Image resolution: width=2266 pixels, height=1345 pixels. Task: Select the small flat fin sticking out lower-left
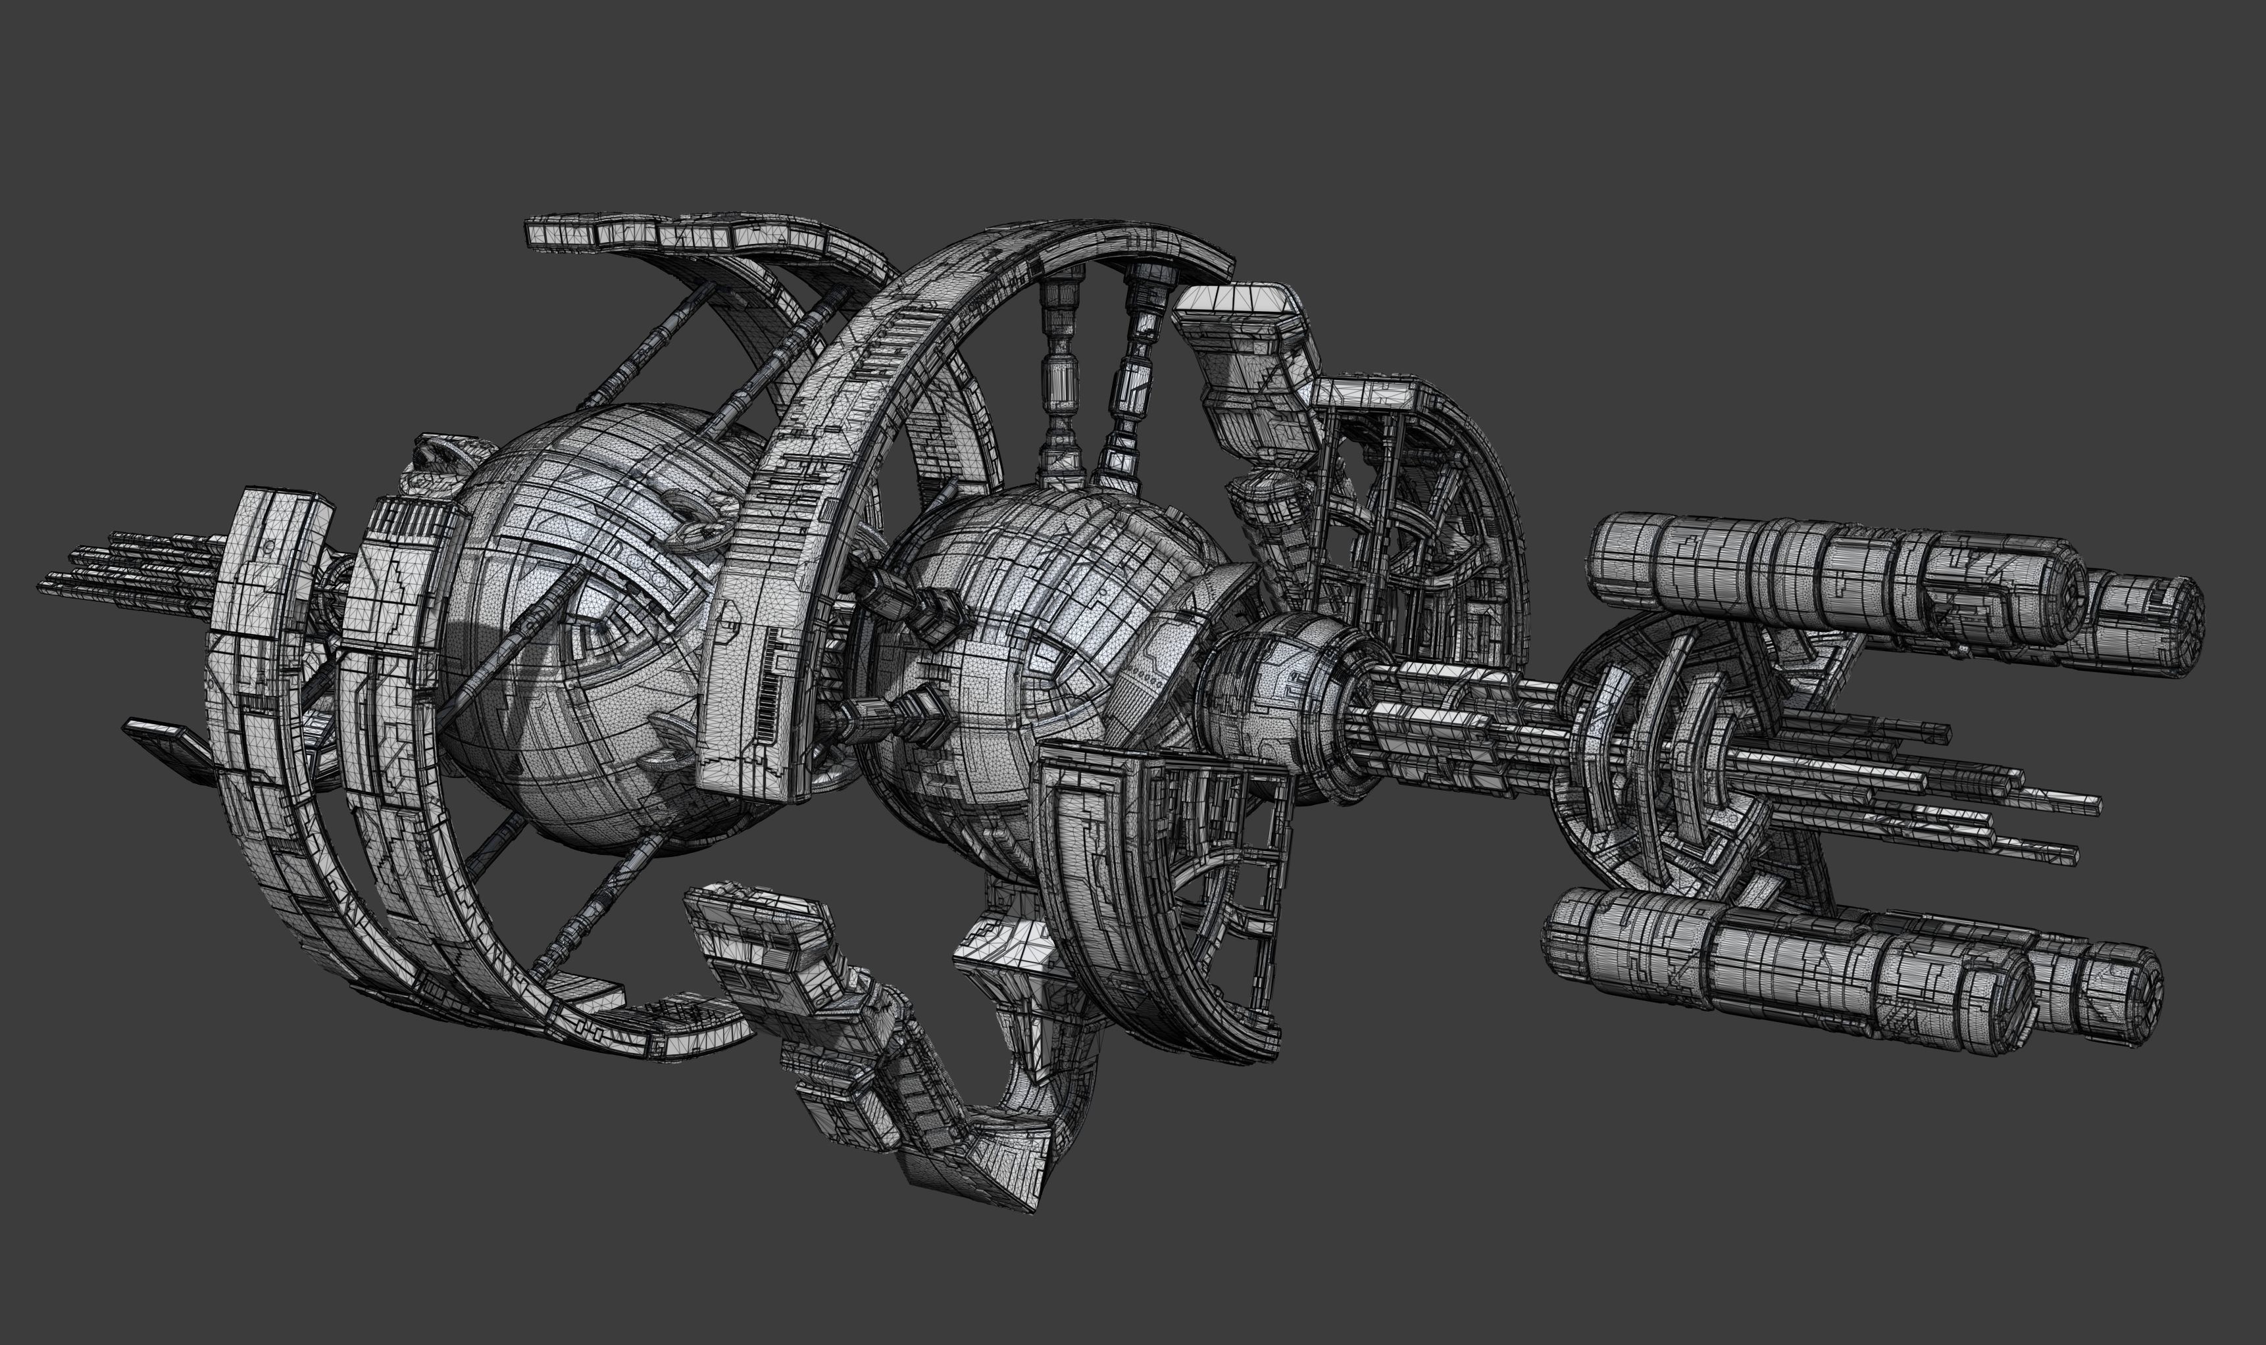(168, 739)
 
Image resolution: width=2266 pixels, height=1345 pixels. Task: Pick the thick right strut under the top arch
(1133, 381)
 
